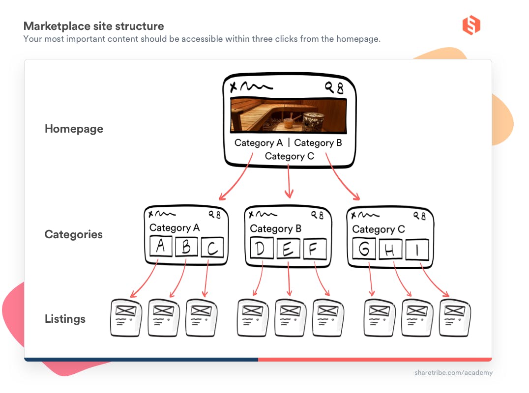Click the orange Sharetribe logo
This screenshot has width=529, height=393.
point(471,26)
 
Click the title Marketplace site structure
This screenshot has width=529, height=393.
point(93,26)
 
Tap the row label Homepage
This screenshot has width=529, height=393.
point(74,129)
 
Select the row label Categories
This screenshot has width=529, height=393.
point(74,234)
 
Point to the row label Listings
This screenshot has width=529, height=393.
point(65,319)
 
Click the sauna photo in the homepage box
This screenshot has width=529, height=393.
point(289,115)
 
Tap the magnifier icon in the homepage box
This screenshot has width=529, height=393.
point(329,87)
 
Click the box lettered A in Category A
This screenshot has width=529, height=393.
point(160,247)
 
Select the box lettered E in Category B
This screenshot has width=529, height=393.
point(288,249)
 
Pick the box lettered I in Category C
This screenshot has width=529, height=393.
point(417,250)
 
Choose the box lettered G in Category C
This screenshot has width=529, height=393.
point(364,250)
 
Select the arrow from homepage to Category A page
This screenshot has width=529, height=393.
point(236,179)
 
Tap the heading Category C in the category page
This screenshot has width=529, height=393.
point(379,229)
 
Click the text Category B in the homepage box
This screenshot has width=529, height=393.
point(318,143)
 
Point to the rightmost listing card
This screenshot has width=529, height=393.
point(455,317)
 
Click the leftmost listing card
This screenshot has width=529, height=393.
point(126,317)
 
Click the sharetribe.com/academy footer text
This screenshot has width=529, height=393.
point(453,373)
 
